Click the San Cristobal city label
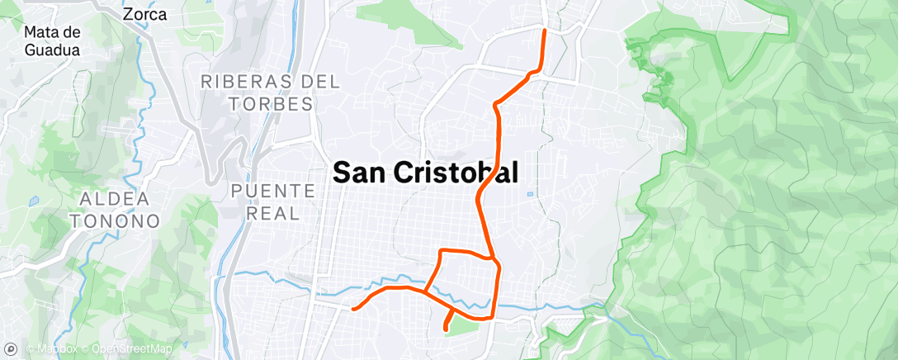pos(425,172)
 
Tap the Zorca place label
pos(144,14)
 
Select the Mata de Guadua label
pos(52,40)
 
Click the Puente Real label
pos(273,201)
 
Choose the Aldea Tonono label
pos(116,210)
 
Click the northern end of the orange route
pos(544,31)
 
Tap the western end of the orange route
pos(353,309)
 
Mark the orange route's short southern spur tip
pos(447,329)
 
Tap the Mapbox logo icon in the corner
pos(11,350)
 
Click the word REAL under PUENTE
pos(273,213)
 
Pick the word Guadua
pos(52,50)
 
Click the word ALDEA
pos(116,199)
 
